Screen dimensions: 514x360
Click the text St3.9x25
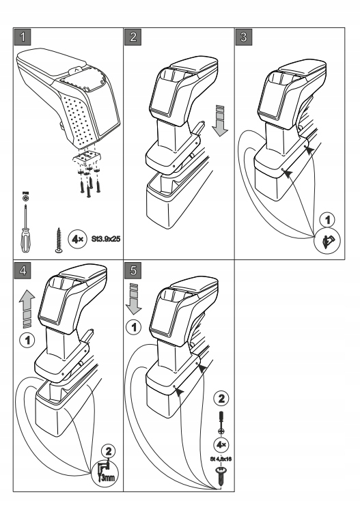100,240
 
